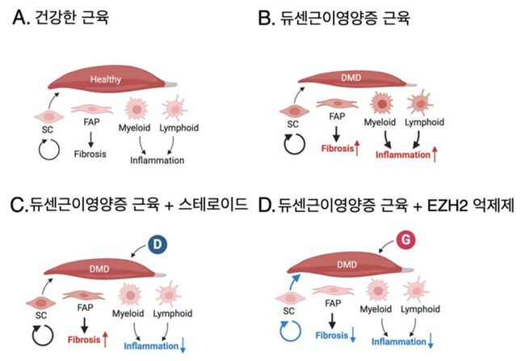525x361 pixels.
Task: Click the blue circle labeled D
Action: tap(157, 244)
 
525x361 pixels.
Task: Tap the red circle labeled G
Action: tap(405, 240)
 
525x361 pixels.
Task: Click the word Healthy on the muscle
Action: tap(106, 79)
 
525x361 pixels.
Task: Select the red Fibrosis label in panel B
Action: tap(338, 148)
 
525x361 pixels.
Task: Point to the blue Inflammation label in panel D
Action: tap(399, 342)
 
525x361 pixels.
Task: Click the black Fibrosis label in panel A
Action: tap(90, 154)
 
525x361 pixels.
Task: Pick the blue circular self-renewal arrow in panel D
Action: tap(291, 331)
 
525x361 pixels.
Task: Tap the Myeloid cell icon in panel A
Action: tap(136, 108)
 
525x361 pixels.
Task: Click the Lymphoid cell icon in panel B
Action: tap(420, 102)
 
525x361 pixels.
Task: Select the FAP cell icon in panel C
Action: tap(83, 295)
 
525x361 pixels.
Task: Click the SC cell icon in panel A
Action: tap(49, 117)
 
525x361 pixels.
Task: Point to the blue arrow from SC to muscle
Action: tap(294, 282)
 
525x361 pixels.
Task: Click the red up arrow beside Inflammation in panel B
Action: tap(435, 155)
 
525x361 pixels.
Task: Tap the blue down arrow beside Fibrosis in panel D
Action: tap(353, 335)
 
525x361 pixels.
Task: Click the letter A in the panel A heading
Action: tap(19, 18)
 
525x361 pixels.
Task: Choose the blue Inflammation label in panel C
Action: tap(151, 346)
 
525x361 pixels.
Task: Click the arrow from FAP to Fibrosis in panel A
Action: tap(90, 139)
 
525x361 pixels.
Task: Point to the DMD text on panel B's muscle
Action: tap(351, 78)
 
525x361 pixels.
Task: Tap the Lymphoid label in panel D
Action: tap(420, 309)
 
